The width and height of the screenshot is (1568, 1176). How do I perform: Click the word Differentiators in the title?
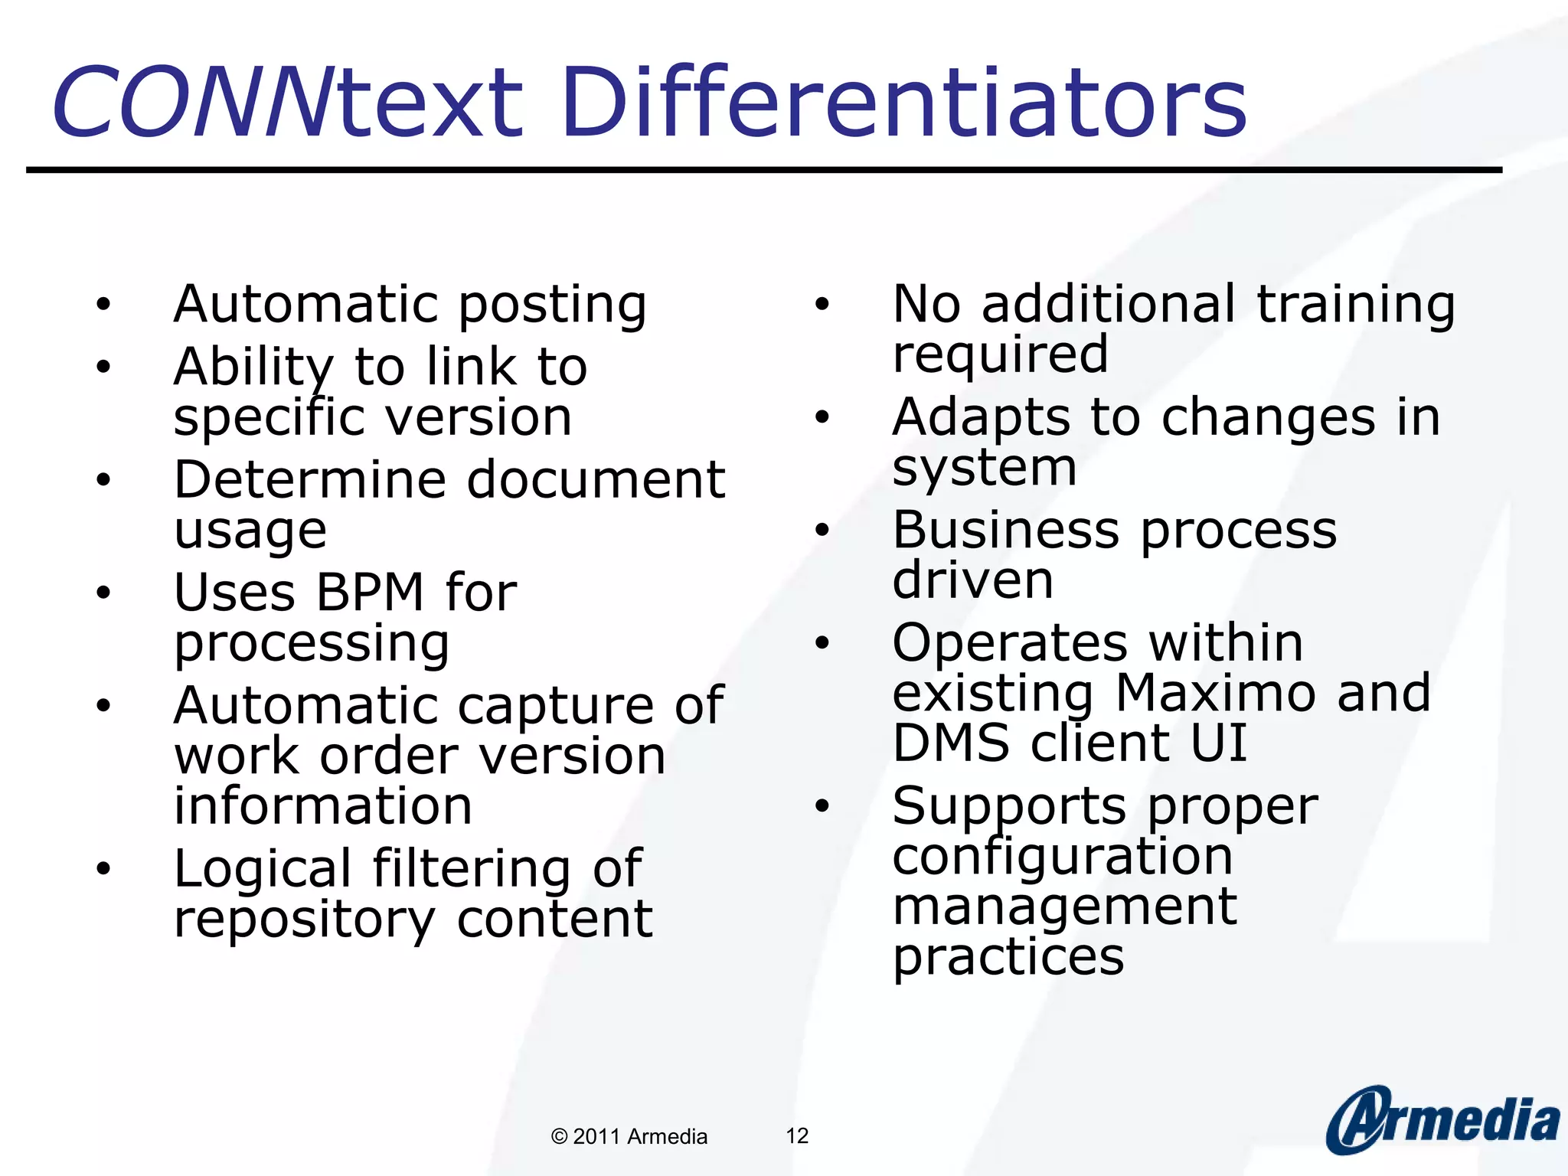click(x=903, y=103)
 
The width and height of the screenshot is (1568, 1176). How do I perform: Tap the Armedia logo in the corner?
click(x=1442, y=1120)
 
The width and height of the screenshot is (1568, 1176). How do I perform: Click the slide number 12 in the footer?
click(x=797, y=1136)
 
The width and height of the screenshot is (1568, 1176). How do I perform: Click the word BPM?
click(x=370, y=593)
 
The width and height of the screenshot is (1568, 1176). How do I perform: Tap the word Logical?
click(x=263, y=870)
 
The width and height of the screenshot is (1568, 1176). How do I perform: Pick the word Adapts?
click(x=981, y=419)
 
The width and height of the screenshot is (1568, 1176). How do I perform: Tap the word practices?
click(x=1008, y=957)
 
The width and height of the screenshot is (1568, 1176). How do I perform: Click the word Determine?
click(x=309, y=480)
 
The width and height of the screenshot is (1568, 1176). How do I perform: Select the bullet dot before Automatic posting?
click(x=103, y=305)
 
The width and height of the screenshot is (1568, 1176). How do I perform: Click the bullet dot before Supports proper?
click(x=822, y=805)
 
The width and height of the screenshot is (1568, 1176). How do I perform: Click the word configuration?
click(x=1062, y=857)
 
